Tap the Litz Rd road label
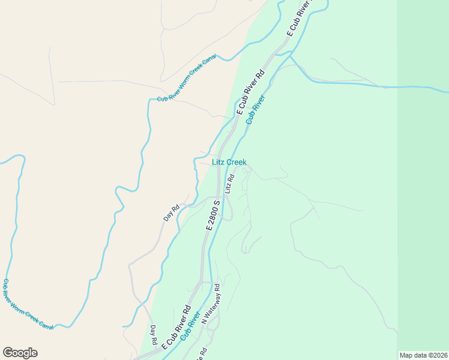[x=228, y=184]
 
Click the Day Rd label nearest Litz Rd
[x=172, y=213]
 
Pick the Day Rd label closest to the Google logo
[x=154, y=335]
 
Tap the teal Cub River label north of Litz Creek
[x=255, y=109]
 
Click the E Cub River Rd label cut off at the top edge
[x=300, y=21]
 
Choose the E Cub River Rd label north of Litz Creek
[x=250, y=93]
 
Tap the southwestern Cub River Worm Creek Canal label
[x=28, y=305]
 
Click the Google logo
[x=20, y=353]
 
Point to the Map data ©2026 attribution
[x=423, y=355]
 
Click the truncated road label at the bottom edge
[x=203, y=352]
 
